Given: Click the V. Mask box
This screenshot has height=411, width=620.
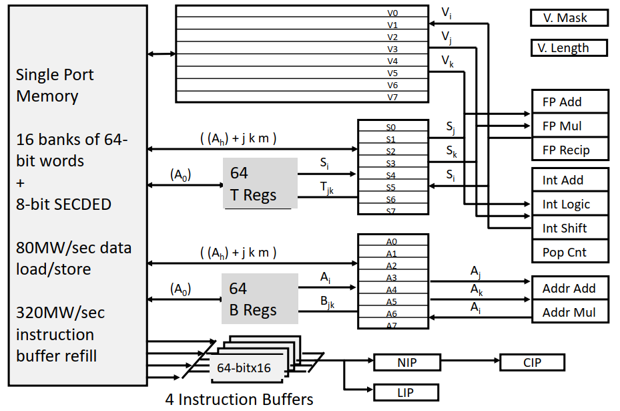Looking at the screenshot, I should click(569, 18).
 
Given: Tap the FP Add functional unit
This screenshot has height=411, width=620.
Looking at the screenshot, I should click(570, 102).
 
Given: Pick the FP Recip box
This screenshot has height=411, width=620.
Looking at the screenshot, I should click(570, 150).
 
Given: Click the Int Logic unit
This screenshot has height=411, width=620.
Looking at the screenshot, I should click(570, 204).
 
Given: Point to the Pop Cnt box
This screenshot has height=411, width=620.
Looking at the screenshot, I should click(570, 252).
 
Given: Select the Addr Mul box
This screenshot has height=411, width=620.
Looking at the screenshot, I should click(570, 312).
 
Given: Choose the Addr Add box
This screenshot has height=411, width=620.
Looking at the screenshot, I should click(570, 288).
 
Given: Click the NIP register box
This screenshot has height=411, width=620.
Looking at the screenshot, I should click(406, 363).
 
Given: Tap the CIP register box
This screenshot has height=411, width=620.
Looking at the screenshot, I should click(532, 363).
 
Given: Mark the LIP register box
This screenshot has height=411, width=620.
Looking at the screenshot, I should click(406, 392).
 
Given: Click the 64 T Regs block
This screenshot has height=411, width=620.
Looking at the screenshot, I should click(260, 184).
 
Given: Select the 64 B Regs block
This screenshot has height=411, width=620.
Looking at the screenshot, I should click(260, 299).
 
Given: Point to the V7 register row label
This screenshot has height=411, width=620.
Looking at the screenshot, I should click(392, 97).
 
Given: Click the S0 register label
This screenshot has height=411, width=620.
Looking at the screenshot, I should click(391, 127).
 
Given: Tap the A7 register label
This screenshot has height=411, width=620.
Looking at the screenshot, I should click(391, 325).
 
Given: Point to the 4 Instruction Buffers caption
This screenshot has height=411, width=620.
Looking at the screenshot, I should click(239, 400).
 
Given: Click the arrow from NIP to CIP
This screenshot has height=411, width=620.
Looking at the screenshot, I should click(470, 363).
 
